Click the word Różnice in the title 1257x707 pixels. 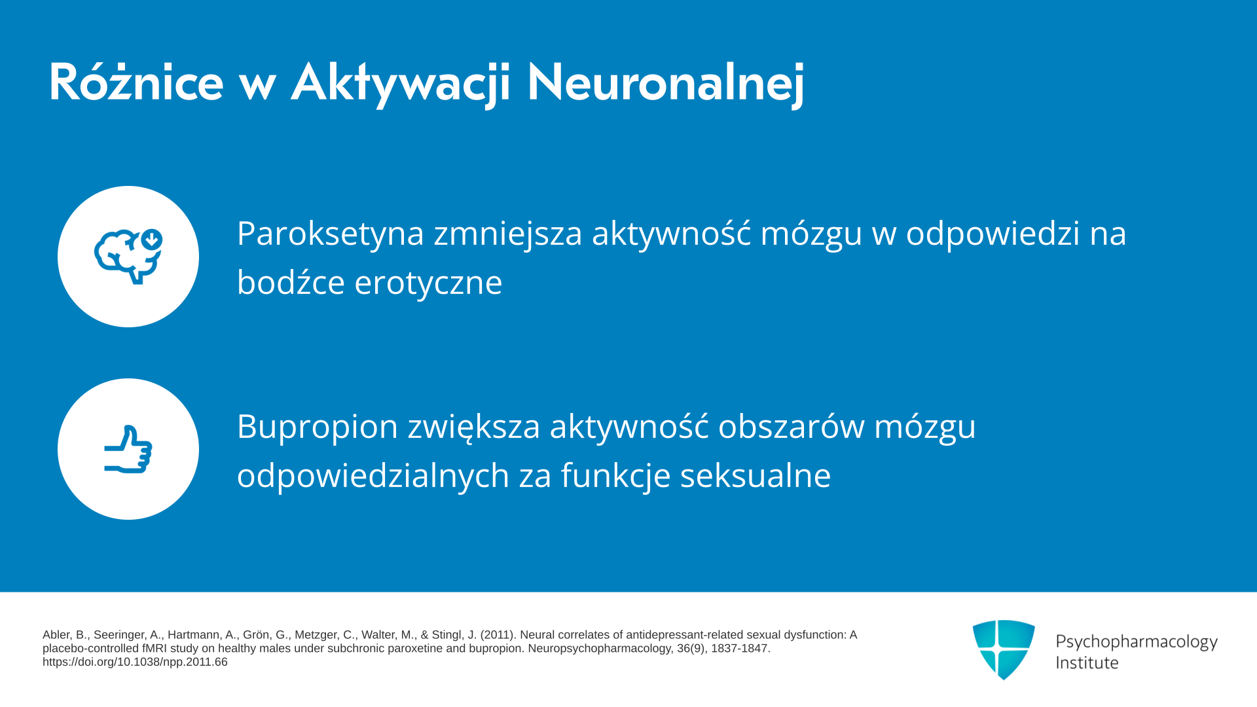[x=136, y=82]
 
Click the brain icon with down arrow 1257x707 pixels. [x=128, y=257]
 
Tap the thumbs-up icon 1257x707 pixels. [x=128, y=449]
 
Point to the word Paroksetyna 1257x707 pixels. [x=331, y=234]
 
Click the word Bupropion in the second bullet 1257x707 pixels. [x=318, y=427]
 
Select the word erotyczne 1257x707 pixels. [x=428, y=283]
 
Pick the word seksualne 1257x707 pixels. [x=756, y=475]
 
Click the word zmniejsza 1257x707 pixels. [x=508, y=234]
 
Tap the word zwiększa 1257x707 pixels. [x=474, y=427]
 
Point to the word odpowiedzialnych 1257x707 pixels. [x=373, y=476]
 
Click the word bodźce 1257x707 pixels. [x=291, y=283]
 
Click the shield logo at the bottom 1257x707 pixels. [x=1004, y=649]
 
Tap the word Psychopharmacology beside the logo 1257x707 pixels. [x=1137, y=642]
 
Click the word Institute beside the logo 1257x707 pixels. [x=1087, y=662]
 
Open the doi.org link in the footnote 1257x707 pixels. [x=135, y=662]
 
